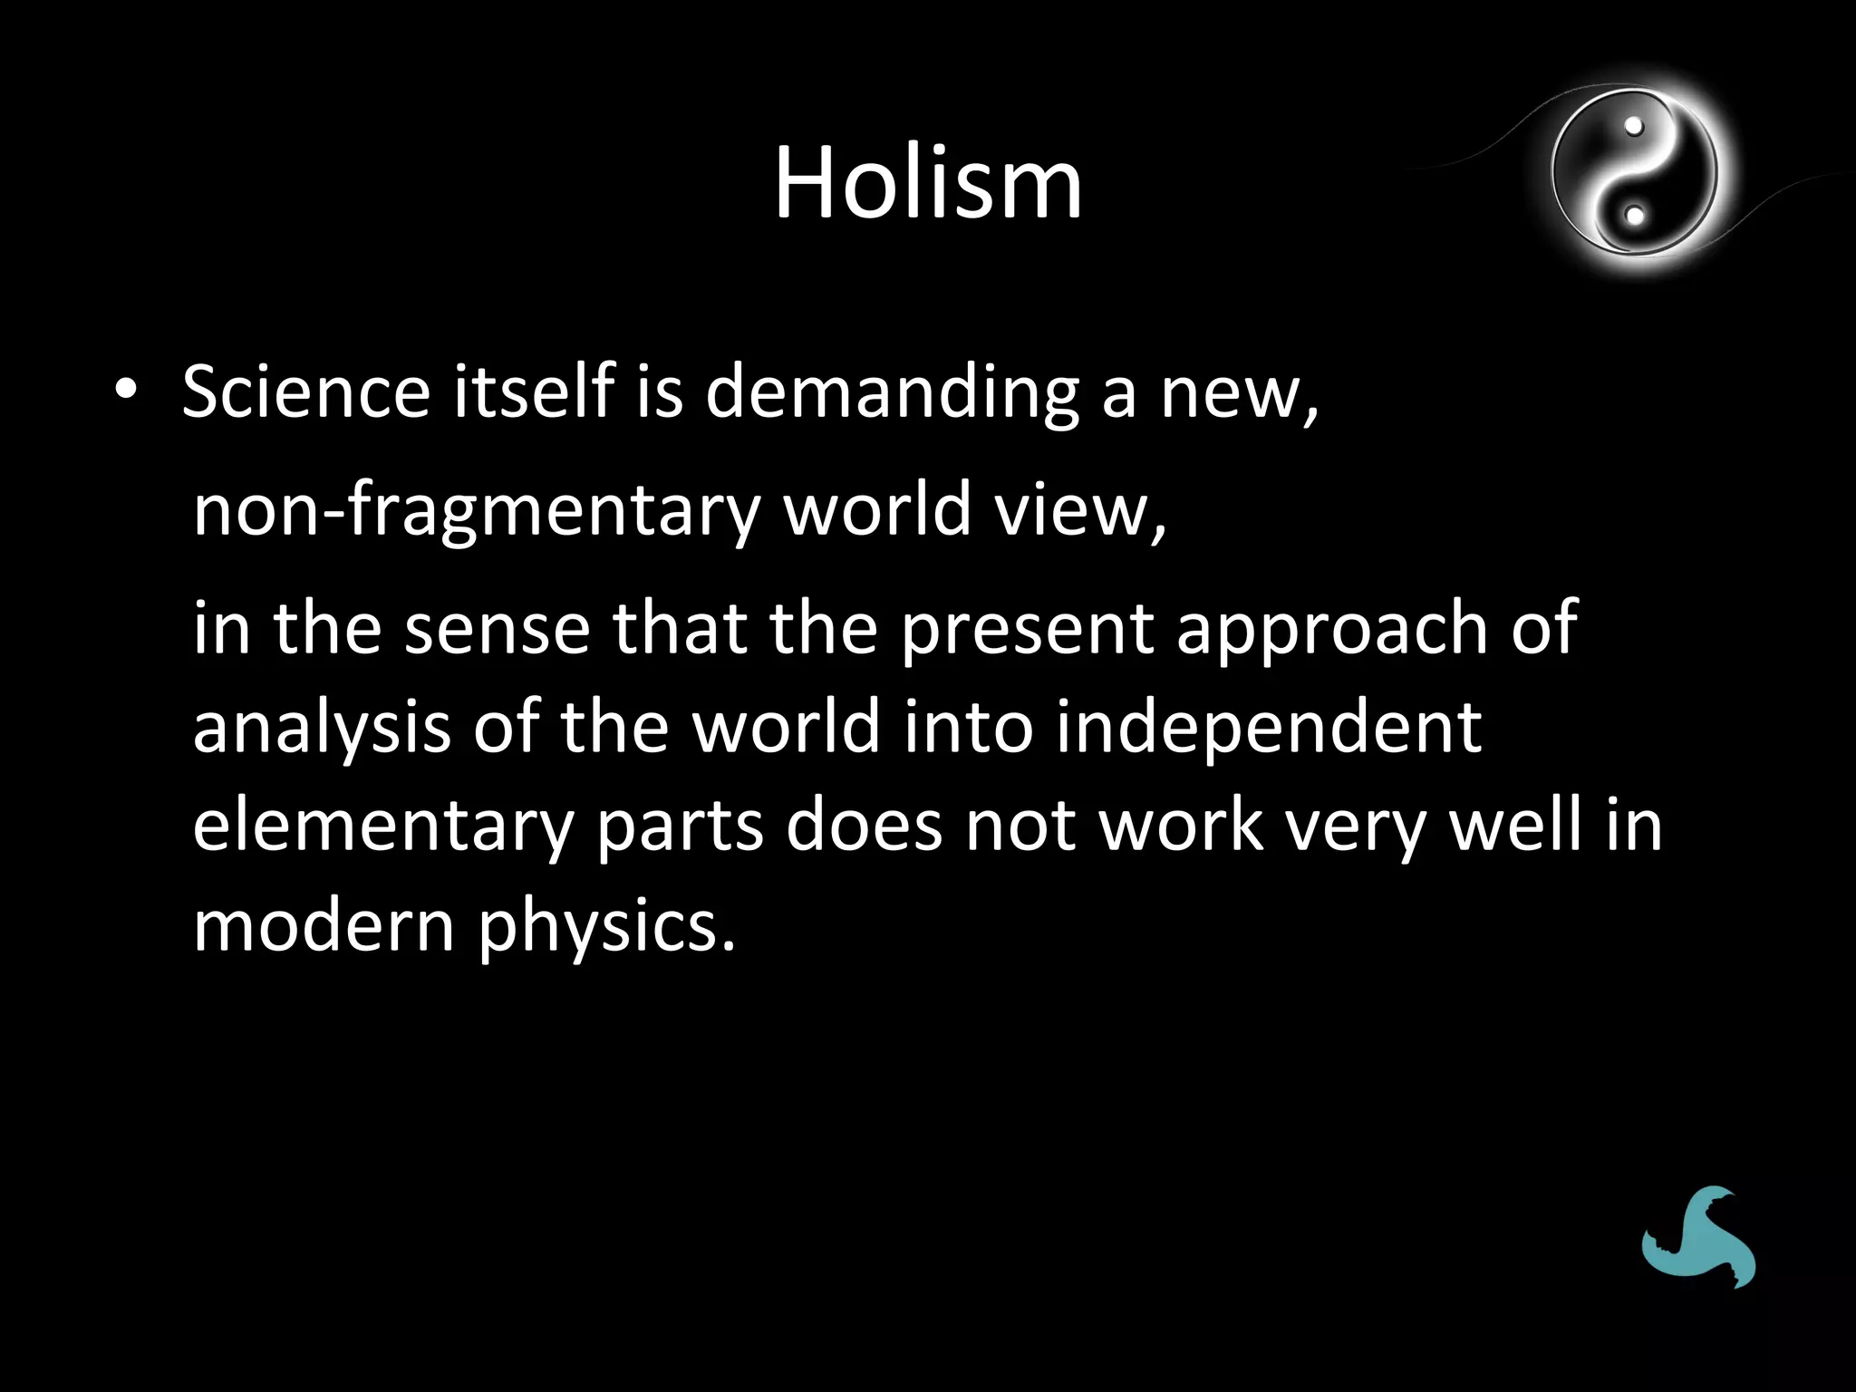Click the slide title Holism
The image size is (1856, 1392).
coord(927,185)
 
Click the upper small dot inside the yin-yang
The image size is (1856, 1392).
coord(1634,128)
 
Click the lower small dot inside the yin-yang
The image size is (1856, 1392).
coord(1635,216)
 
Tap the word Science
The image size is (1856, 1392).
coord(305,391)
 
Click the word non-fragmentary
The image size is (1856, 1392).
coord(476,510)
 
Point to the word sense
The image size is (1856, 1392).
coord(497,628)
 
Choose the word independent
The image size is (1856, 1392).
coord(1268,728)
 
